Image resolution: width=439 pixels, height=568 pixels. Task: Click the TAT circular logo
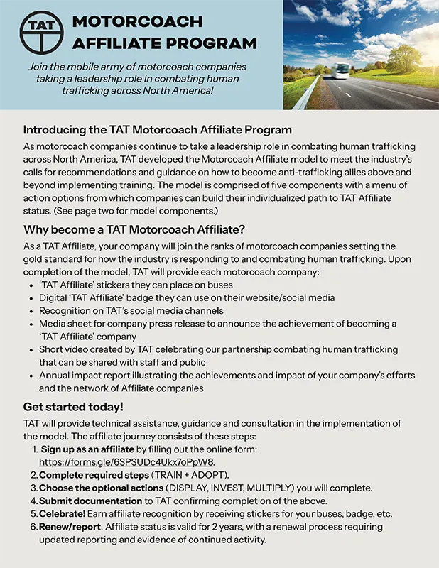(36, 32)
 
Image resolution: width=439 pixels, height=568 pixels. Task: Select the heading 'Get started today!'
(73, 407)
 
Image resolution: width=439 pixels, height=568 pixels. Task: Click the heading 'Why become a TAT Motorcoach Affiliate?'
(134, 229)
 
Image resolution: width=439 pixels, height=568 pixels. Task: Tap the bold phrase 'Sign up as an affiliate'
(87, 449)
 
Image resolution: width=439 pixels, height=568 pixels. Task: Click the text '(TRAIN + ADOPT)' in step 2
(189, 475)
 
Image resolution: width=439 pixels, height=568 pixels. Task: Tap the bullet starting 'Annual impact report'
(227, 375)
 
